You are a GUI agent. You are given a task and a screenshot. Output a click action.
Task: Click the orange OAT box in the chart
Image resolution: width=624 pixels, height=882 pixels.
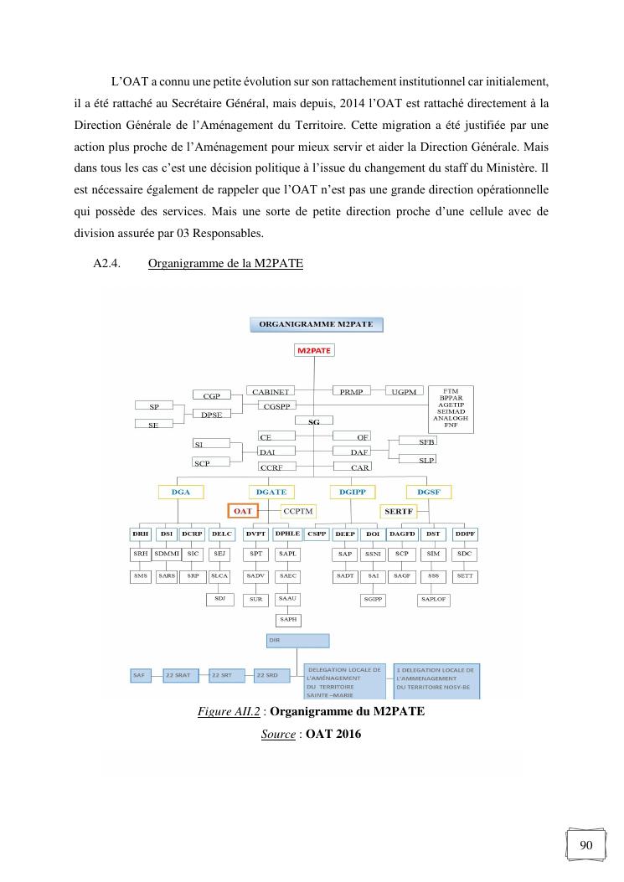[x=243, y=510]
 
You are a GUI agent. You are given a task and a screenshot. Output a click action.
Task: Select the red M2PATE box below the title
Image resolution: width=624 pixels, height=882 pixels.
[x=313, y=351]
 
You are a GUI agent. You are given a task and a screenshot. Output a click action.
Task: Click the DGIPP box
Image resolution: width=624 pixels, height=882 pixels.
[x=353, y=492]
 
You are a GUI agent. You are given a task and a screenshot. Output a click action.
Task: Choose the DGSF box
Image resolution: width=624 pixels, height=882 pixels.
[x=428, y=492]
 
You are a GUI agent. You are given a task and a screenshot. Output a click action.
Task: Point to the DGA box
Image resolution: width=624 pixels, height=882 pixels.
[x=181, y=492]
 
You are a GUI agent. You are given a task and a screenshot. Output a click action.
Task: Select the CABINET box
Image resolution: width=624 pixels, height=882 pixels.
[x=271, y=391]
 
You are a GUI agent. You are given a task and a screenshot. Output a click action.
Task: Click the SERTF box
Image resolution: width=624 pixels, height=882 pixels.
[x=400, y=510]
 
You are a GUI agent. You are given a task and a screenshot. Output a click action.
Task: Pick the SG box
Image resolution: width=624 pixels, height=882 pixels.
[x=314, y=421]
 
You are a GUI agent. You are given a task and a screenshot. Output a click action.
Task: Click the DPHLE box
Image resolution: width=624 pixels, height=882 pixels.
[x=287, y=534]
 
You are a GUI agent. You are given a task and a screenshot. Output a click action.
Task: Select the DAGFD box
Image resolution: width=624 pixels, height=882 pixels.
[x=403, y=534]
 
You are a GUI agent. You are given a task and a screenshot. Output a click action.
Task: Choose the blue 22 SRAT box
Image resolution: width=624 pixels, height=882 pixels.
[x=181, y=675]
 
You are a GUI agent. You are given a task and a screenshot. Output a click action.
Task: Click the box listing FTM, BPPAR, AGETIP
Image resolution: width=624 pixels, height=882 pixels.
[x=451, y=410]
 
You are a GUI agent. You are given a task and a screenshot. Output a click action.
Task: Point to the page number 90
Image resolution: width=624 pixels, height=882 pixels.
[x=586, y=844]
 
